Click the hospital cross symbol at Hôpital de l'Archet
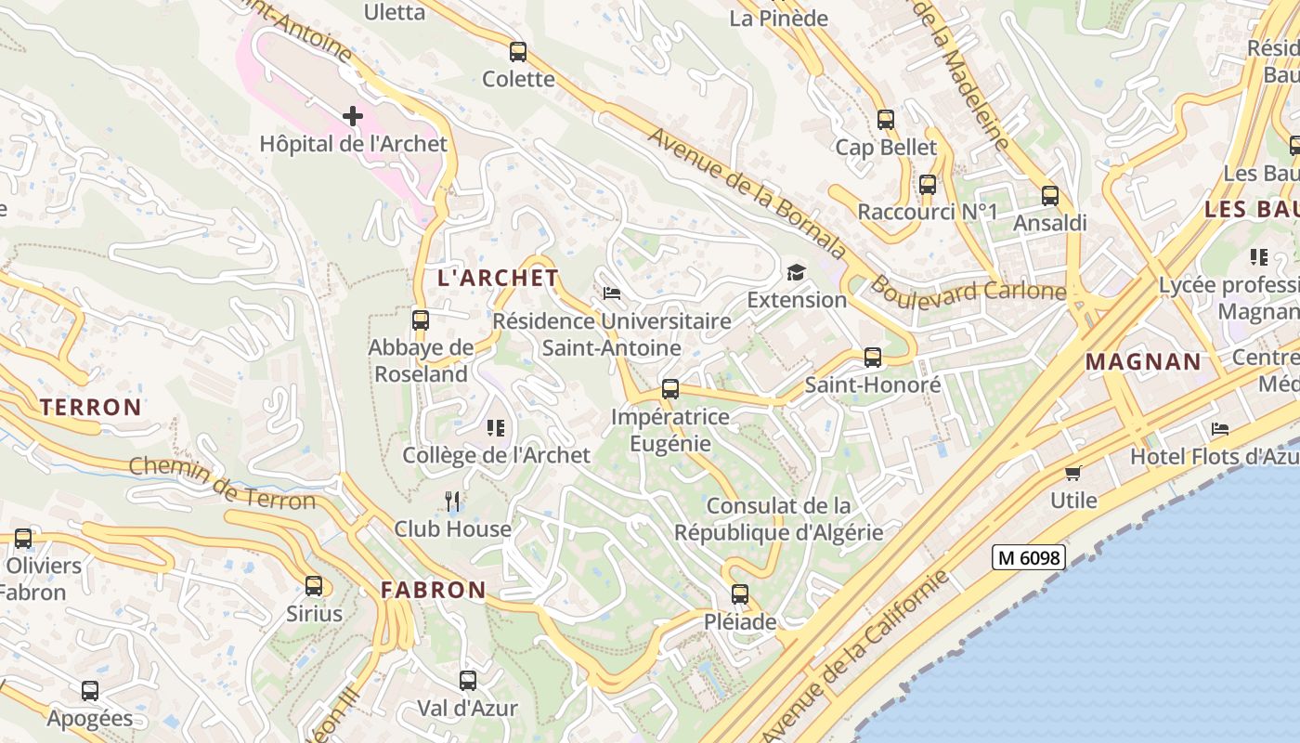click(x=352, y=116)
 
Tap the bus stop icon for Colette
click(x=518, y=52)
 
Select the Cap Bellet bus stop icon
click(x=885, y=120)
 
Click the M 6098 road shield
click(x=1028, y=557)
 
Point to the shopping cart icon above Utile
click(x=1073, y=473)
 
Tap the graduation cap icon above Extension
click(x=796, y=272)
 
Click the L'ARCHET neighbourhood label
click(x=498, y=278)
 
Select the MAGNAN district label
click(x=1143, y=361)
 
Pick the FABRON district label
click(x=433, y=590)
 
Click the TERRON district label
click(x=91, y=407)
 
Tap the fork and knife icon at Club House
click(x=452, y=502)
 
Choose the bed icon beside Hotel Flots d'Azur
click(x=1220, y=429)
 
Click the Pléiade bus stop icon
click(x=739, y=594)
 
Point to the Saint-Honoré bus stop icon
click(x=872, y=358)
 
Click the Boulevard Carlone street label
click(x=968, y=291)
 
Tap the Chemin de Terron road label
click(x=223, y=483)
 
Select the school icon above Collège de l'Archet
click(x=496, y=428)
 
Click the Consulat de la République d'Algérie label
click(x=778, y=519)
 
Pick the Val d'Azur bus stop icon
click(x=467, y=681)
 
